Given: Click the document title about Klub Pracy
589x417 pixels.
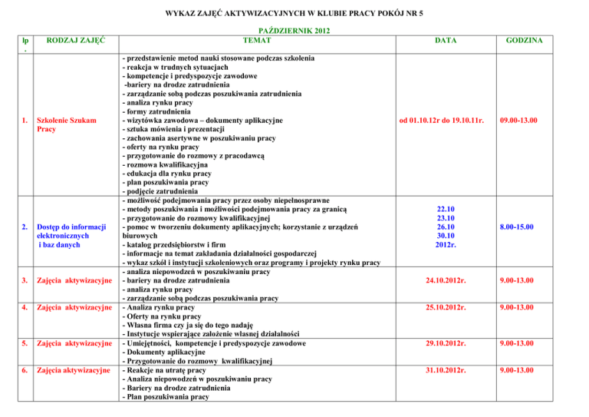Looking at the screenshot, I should click(294, 14).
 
